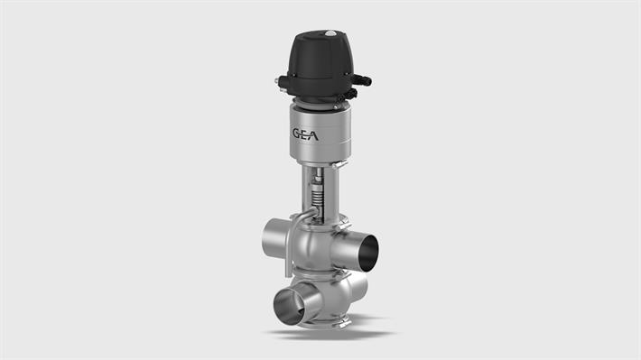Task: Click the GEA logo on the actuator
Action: click(310, 134)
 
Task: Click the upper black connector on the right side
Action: click(363, 79)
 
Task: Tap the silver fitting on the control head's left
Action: click(282, 84)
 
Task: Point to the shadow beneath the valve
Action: click(325, 335)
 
